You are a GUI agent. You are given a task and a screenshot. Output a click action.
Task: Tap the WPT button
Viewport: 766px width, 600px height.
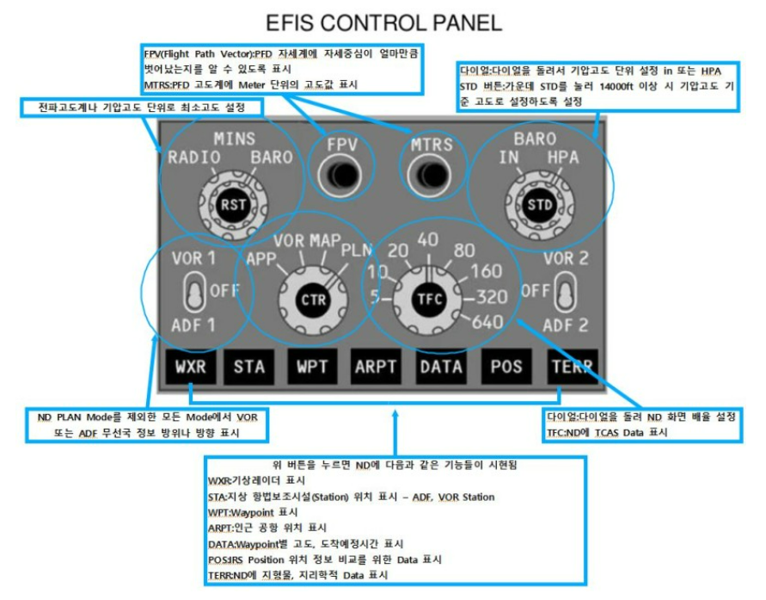point(312,367)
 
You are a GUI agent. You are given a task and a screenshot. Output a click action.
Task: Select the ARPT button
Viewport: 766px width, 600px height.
point(376,367)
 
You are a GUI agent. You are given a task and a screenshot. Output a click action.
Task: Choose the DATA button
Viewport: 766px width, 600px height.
point(441,367)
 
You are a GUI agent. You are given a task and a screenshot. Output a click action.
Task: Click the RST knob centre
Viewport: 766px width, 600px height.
point(232,204)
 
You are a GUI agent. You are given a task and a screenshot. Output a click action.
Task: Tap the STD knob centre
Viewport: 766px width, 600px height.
point(539,205)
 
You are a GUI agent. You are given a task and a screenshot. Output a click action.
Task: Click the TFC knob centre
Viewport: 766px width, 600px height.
point(428,300)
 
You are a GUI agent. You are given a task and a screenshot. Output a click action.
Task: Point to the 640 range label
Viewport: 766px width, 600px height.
point(487,322)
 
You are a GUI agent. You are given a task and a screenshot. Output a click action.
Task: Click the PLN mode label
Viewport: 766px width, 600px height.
point(356,250)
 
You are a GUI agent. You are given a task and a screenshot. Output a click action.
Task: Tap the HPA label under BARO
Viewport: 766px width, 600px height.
point(564,158)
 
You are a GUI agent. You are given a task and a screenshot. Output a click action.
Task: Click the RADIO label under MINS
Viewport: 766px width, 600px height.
point(194,157)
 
